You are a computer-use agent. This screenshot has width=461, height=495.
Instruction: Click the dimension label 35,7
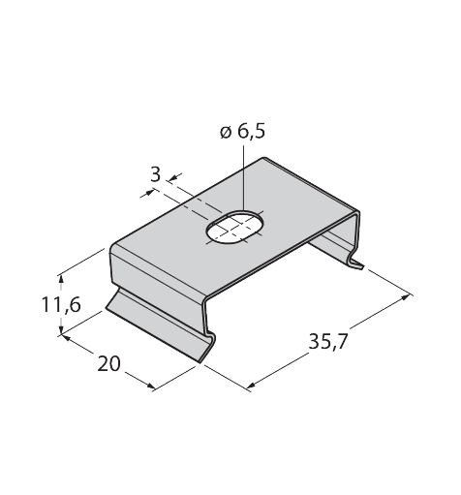[327, 341]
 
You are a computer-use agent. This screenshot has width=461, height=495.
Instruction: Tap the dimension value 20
[108, 363]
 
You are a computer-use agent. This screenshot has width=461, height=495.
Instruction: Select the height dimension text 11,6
[61, 304]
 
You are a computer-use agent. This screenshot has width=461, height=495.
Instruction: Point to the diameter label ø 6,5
[242, 131]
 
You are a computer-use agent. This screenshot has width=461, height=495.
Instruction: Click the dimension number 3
[156, 174]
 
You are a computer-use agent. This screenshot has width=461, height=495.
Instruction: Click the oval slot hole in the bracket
[234, 228]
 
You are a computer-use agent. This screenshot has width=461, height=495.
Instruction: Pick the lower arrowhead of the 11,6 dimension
[61, 329]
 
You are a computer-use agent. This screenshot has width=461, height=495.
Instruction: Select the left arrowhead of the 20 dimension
[67, 338]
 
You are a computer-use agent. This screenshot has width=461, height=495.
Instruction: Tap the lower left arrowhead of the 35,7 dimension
[252, 385]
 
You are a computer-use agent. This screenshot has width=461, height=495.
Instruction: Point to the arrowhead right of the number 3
[174, 177]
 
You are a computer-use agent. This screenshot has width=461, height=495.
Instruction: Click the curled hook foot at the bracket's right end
[355, 261]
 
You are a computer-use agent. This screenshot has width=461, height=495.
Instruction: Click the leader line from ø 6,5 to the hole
[243, 178]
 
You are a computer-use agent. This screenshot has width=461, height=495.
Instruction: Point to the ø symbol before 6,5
[226, 133]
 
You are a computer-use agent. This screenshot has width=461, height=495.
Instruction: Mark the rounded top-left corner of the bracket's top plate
[112, 248]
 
